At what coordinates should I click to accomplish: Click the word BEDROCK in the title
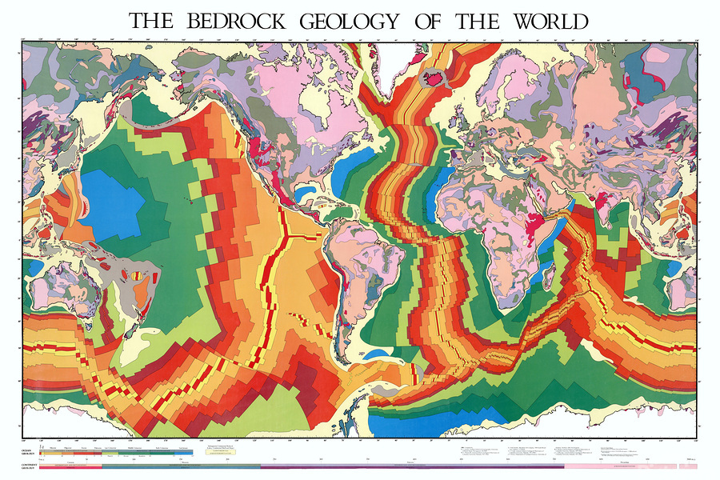(x=234, y=21)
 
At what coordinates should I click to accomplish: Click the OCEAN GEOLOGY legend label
(x=33, y=453)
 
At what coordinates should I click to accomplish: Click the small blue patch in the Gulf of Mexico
(x=305, y=193)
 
